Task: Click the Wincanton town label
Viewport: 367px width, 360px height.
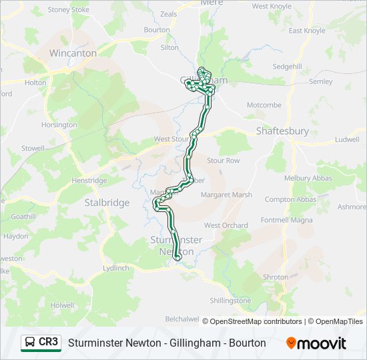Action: coord(73,53)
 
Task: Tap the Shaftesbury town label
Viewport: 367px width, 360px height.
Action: coord(282,131)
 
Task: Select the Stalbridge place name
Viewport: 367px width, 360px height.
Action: coord(107,203)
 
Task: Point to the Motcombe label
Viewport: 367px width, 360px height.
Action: coord(264,105)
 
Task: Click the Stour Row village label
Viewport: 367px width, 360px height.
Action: coord(223,161)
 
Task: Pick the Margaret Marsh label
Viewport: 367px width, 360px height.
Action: coord(227,195)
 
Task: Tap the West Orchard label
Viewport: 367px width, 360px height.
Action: coord(226,225)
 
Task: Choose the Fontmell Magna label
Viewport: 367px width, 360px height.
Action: coord(286,220)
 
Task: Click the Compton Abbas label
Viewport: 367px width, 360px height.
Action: coord(290,199)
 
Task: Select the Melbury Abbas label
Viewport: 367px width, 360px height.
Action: coord(307,178)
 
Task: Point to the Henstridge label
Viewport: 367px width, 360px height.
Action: coord(89,181)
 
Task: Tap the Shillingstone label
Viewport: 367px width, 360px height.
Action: coord(230,301)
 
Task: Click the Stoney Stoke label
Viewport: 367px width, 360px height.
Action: coord(68,10)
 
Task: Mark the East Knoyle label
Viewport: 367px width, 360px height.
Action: coord(307,31)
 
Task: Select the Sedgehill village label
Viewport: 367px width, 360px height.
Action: coord(287,67)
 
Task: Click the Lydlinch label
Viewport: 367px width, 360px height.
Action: coord(116,267)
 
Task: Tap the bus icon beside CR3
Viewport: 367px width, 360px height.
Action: coord(30,342)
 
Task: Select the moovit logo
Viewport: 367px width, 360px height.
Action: coord(316,343)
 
